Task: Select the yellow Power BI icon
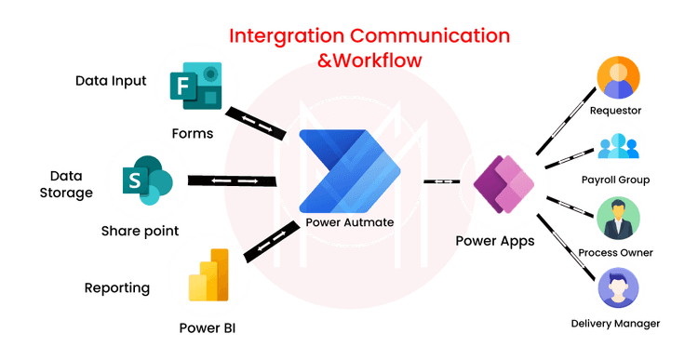click(x=208, y=273)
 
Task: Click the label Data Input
click(x=112, y=81)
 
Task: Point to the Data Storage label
click(x=71, y=184)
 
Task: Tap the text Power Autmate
click(x=350, y=223)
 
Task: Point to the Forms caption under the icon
click(x=195, y=134)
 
